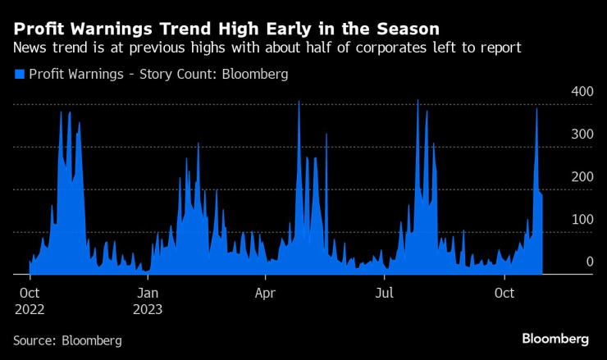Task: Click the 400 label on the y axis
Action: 582,91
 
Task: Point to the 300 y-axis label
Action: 582,134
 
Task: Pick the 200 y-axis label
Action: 582,176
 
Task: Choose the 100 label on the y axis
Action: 582,219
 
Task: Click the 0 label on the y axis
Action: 589,262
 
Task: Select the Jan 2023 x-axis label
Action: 147,300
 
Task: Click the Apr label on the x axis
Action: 265,292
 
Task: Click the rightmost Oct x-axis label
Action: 505,292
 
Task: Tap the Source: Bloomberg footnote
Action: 67,339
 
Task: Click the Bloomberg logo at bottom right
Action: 555,339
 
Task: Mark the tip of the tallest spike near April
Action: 299,102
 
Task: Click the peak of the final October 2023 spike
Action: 536,109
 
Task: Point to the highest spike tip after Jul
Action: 418,101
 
